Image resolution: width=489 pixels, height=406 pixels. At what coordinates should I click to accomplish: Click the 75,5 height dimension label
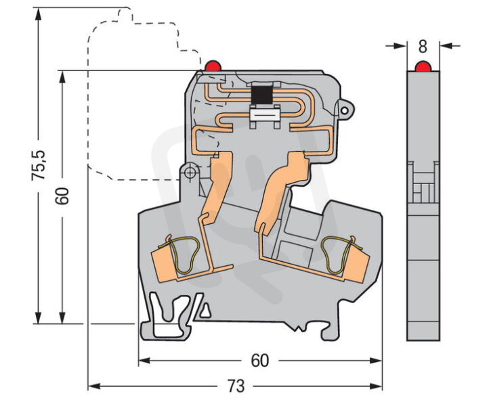click(x=39, y=165)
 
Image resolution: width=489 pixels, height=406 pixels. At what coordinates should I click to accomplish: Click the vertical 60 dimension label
click(x=62, y=196)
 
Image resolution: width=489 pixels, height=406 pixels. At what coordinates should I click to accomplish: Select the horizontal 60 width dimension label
click(x=260, y=361)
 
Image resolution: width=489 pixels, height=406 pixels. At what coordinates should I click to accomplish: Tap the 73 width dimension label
click(x=236, y=386)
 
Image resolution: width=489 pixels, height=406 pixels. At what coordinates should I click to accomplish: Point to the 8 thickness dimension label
click(x=423, y=46)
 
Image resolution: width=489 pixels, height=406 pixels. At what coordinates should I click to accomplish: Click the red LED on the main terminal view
click(x=213, y=66)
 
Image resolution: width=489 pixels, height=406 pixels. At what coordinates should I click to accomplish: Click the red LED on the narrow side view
click(x=423, y=66)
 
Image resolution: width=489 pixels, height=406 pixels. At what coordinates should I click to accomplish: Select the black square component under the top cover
click(x=261, y=95)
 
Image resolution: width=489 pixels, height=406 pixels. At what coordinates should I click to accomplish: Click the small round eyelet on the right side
click(x=345, y=110)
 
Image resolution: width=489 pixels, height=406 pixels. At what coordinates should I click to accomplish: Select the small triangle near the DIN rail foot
click(x=205, y=311)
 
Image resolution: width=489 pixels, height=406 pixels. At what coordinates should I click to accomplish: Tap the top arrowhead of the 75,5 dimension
click(x=38, y=14)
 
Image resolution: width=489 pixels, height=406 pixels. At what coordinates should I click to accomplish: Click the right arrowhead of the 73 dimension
click(x=376, y=386)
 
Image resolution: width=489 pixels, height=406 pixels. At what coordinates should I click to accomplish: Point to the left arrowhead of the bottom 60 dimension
click(x=144, y=361)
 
